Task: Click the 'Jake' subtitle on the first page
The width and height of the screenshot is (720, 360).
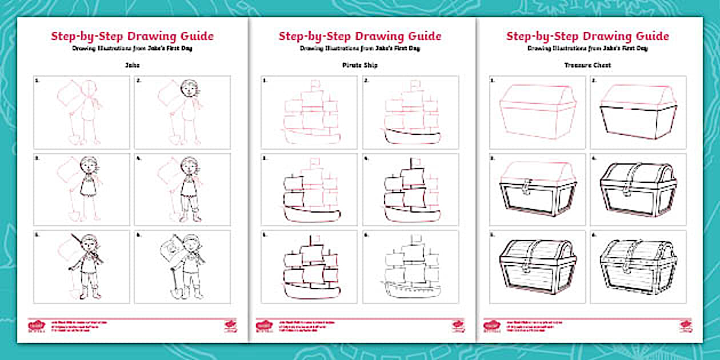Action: click(132, 66)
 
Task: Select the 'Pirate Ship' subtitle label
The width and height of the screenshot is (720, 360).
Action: click(359, 66)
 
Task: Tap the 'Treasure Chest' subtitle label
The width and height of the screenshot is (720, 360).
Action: click(587, 66)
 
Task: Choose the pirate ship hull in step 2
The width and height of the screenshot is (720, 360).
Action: click(410, 138)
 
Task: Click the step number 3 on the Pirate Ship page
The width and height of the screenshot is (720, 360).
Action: click(265, 158)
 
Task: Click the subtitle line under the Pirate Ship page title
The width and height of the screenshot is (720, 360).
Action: click(359, 49)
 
